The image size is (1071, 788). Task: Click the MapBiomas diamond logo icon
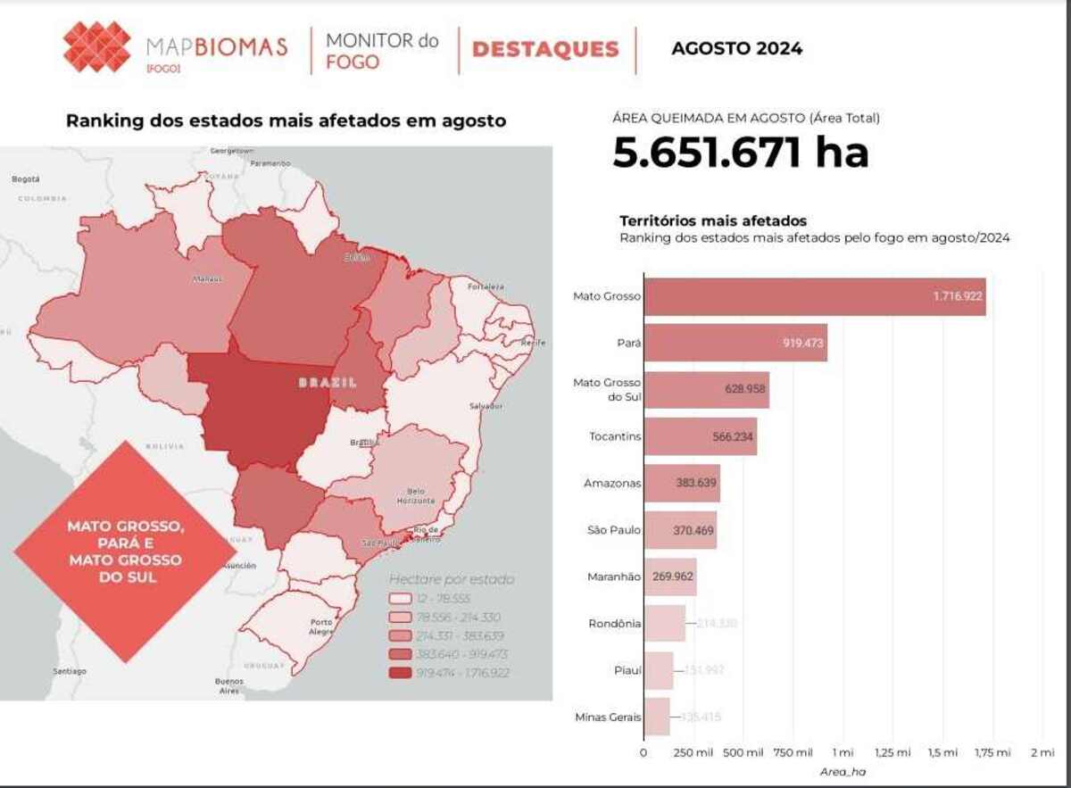[97, 47]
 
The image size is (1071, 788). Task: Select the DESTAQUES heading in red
[545, 49]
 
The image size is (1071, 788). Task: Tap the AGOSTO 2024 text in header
[736, 48]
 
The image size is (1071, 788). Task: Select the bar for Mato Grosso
[814, 296]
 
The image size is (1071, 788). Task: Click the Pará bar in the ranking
[735, 343]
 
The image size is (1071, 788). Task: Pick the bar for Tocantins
[700, 436]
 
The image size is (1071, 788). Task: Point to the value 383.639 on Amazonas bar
[688, 483]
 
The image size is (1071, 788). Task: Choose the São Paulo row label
[615, 530]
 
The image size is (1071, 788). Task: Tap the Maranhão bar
[669, 576]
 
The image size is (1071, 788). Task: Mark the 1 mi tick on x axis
[843, 752]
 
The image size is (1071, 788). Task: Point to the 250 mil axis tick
[693, 752]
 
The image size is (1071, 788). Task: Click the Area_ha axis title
[843, 772]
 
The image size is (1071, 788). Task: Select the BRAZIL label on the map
[327, 382]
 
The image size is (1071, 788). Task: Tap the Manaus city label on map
[207, 278]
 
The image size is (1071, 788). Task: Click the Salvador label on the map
[486, 406]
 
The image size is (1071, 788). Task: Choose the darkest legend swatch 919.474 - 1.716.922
[399, 673]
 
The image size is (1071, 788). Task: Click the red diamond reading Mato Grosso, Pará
[125, 552]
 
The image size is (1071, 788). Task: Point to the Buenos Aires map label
[228, 685]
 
